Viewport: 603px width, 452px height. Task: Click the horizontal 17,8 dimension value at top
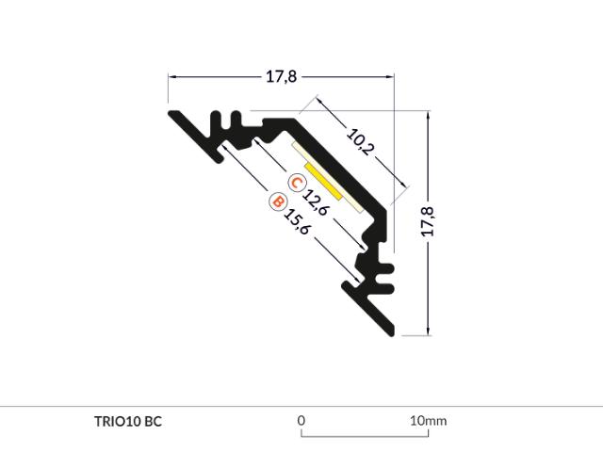coord(282,76)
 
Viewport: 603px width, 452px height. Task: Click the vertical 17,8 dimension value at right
coord(428,221)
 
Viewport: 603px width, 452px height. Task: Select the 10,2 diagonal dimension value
coord(360,142)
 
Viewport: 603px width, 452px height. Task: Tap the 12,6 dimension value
coord(316,202)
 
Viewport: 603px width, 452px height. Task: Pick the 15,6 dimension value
coord(296,221)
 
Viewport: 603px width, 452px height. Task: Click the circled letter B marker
coord(278,202)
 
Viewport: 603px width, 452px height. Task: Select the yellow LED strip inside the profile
coord(323,182)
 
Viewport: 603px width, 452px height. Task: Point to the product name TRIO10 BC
coord(128,421)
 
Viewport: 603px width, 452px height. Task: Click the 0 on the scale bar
coord(301,421)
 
